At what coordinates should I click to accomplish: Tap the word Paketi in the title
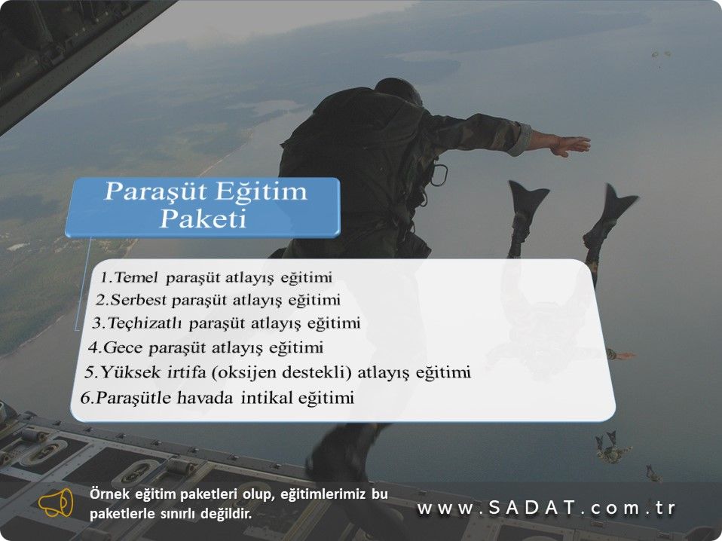[x=203, y=219]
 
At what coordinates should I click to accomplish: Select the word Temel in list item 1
[x=136, y=277]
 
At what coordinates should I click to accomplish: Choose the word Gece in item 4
[x=123, y=347]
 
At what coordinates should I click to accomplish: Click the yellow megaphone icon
[x=56, y=503]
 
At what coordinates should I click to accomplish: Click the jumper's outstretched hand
[x=570, y=145]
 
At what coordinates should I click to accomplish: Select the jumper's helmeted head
[x=398, y=91]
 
